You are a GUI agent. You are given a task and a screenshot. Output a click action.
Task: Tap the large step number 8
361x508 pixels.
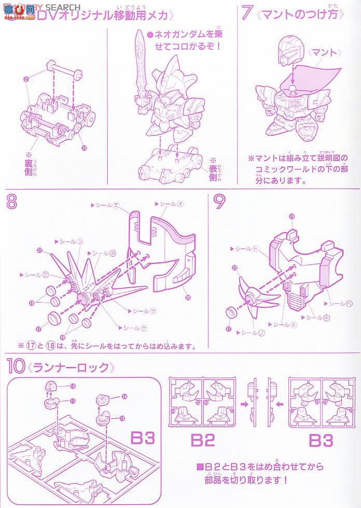tap(11, 203)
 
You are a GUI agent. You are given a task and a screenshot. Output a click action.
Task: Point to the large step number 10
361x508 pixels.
tap(16, 368)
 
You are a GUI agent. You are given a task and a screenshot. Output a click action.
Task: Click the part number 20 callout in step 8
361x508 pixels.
tap(188, 298)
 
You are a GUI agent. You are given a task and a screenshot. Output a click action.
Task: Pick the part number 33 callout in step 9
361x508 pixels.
tap(235, 268)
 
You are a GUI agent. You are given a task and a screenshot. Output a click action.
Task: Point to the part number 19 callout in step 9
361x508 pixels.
tap(292, 217)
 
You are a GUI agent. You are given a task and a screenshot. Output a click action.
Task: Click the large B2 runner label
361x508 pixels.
tap(203, 440)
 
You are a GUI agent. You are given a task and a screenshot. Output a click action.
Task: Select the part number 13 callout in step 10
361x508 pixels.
tap(122, 418)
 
